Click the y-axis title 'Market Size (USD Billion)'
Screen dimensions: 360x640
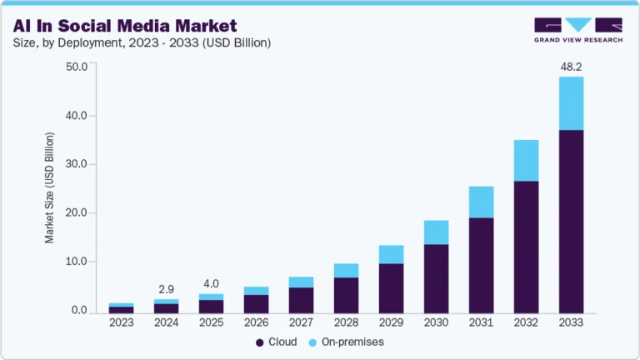point(49,188)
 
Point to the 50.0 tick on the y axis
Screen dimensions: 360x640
point(77,67)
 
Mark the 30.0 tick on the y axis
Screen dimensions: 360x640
point(77,164)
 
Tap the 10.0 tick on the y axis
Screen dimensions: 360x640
point(77,262)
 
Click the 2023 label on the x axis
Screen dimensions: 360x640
point(122,322)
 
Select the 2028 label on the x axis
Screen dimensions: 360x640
point(347,322)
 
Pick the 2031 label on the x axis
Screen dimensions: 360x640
point(482,322)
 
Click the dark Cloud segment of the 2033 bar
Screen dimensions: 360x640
point(572,221)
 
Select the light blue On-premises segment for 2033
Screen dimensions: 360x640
point(572,103)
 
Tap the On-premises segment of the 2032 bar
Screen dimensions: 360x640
point(527,160)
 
